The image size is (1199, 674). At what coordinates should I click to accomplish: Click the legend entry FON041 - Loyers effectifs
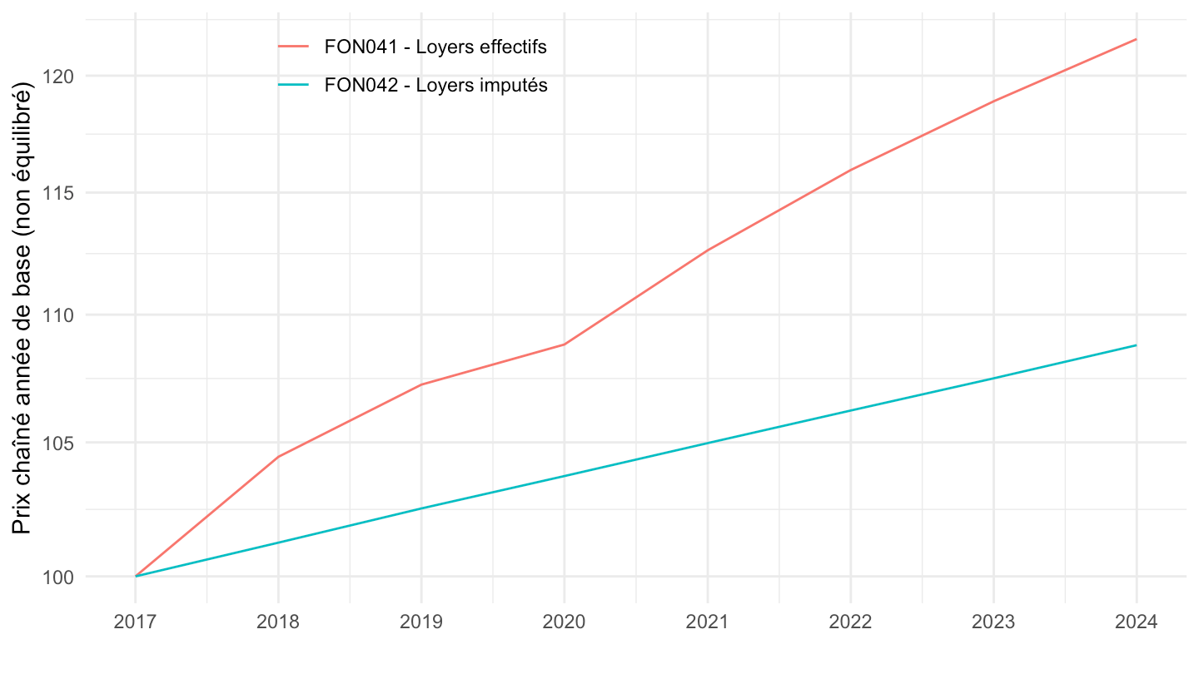click(435, 47)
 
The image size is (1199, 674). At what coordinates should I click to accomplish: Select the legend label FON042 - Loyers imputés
click(435, 85)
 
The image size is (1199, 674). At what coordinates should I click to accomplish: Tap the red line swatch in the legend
click(293, 47)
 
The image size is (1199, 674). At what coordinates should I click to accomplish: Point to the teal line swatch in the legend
click(293, 85)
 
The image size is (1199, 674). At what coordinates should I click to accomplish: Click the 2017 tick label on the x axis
click(135, 622)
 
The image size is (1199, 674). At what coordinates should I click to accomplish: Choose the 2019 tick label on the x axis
click(421, 622)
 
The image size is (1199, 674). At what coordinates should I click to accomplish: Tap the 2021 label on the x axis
click(708, 622)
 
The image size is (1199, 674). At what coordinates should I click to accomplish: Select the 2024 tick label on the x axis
click(1136, 622)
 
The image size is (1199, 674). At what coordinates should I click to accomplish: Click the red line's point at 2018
click(278, 456)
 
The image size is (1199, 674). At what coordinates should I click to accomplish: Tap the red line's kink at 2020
click(565, 344)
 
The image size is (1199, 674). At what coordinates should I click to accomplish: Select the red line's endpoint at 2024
click(1136, 39)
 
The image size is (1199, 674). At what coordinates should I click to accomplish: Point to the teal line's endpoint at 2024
click(1136, 344)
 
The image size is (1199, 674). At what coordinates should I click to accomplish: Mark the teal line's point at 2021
click(708, 443)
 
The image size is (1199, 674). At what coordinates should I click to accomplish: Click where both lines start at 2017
click(136, 576)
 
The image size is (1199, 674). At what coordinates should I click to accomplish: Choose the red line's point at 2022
click(850, 170)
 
